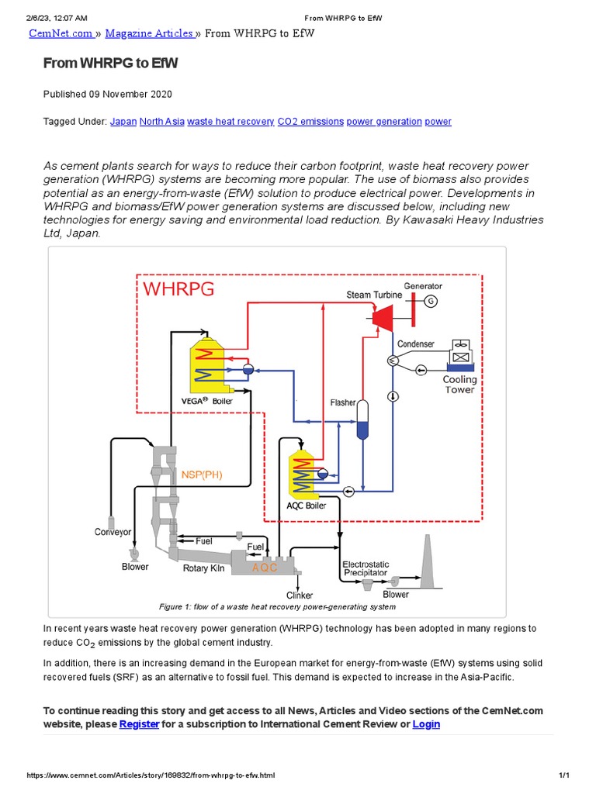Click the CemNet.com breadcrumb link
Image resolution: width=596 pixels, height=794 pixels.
pos(61,33)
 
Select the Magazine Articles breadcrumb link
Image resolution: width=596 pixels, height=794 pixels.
pos(149,33)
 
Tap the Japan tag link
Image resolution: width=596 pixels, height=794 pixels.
pos(123,122)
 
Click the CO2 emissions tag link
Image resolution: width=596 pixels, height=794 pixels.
pos(310,122)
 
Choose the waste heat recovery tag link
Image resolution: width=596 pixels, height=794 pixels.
pos(230,122)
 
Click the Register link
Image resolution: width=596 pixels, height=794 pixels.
pos(139,724)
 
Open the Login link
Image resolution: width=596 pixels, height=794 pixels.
pos(426,724)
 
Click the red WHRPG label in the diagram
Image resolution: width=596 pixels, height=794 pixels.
pos(178,290)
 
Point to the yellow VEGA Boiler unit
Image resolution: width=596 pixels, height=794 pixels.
pos(207,365)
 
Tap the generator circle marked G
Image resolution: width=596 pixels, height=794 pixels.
pos(431,301)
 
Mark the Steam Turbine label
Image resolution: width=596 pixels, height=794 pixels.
pos(374,295)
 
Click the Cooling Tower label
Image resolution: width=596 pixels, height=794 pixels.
pos(459,385)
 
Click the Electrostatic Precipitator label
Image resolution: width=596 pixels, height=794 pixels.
pos(366,568)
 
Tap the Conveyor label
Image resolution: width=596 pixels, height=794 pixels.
pos(113,532)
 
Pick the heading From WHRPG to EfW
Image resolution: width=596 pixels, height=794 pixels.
pos(110,63)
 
